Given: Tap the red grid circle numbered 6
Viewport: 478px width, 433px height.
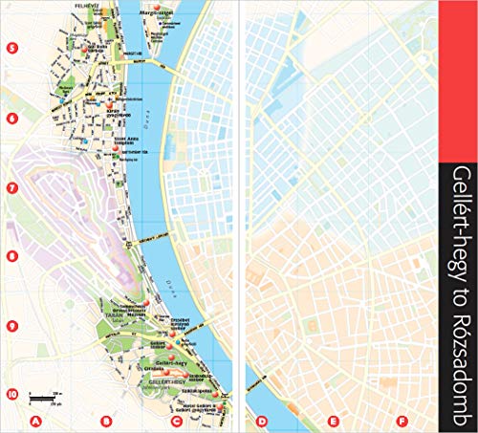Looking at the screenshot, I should click(11, 119).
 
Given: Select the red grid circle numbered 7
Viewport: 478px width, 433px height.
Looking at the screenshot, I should click(11, 188).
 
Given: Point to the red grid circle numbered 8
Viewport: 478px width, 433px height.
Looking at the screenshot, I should click(11, 256).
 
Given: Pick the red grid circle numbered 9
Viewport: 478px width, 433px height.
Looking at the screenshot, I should click(11, 325).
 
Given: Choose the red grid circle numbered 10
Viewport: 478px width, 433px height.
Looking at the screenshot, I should click(11, 393).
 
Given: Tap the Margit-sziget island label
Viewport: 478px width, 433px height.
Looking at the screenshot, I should click(157, 14).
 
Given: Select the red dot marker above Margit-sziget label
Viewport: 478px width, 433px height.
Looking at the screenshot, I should click(156, 7).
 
